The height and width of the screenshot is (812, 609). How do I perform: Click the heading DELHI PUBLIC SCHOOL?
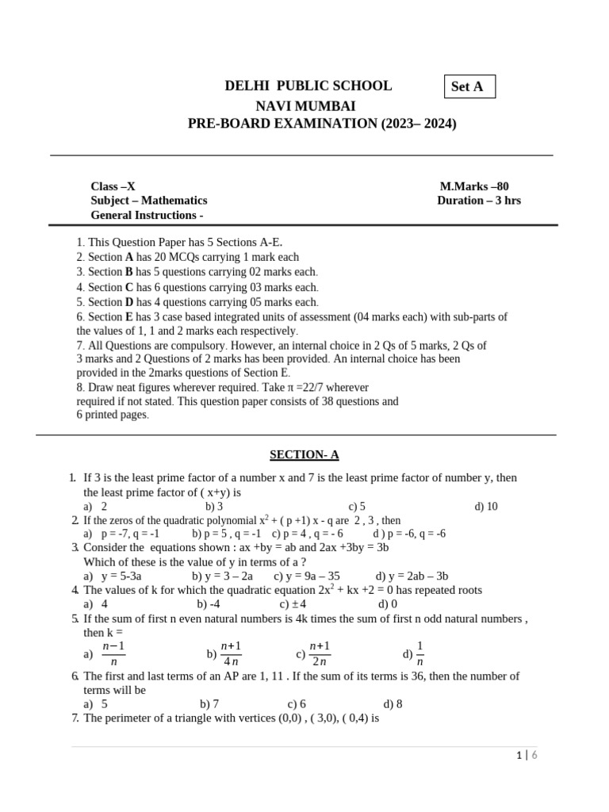[308, 86]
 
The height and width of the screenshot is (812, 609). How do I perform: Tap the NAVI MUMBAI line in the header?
[305, 105]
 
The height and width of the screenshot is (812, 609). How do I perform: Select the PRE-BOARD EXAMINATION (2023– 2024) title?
[322, 124]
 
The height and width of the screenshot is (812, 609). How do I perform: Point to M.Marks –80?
[474, 186]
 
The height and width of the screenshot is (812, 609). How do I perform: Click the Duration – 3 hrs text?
[479, 201]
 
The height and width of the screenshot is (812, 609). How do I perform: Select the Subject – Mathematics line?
[149, 201]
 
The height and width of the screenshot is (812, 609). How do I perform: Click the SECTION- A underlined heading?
[304, 454]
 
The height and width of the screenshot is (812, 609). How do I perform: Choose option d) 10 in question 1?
[486, 506]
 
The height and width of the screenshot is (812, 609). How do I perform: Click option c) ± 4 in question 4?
[293, 603]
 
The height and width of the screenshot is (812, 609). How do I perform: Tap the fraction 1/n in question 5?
[420, 653]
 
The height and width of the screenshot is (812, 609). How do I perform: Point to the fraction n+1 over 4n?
[232, 653]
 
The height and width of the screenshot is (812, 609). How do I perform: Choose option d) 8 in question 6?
[393, 703]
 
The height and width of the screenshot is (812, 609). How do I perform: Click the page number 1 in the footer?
[517, 756]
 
